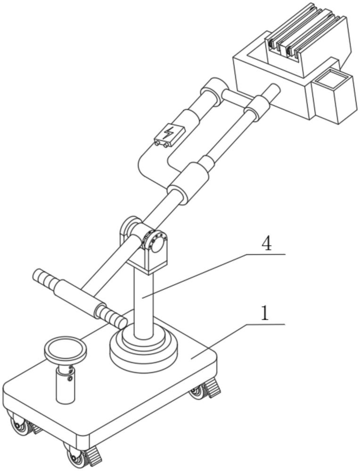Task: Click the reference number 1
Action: [265, 313]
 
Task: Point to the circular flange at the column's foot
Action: [144, 345]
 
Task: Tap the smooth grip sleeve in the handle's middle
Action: [78, 296]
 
